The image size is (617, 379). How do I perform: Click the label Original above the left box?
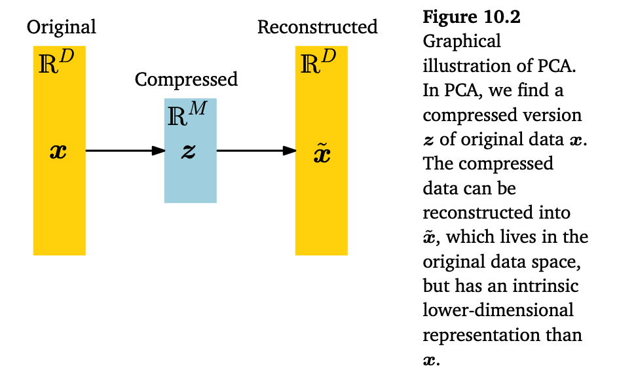point(61,27)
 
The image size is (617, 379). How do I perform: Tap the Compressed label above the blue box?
point(186,80)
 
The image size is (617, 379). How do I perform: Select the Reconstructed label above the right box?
point(317,27)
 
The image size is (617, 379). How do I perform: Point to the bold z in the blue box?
point(189,151)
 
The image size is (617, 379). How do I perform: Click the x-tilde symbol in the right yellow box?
point(322,154)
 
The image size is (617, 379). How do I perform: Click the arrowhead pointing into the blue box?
point(158,151)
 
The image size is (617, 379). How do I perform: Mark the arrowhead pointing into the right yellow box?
point(289,151)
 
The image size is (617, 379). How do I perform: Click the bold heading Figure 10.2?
point(472,18)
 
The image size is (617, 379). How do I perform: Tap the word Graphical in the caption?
point(462,42)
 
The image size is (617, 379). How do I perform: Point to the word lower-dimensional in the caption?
point(498,310)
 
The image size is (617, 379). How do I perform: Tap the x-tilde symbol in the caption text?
point(430,238)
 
